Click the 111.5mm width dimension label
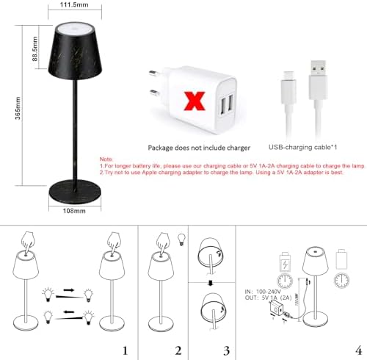70,5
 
